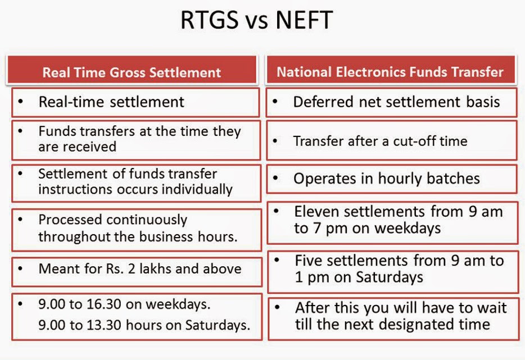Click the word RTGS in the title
(210, 20)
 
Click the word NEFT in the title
(304, 20)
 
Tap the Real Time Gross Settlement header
(132, 70)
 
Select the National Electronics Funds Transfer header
(390, 70)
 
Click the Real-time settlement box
(135, 102)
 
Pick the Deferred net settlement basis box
(391, 102)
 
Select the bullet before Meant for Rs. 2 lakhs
(20, 268)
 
